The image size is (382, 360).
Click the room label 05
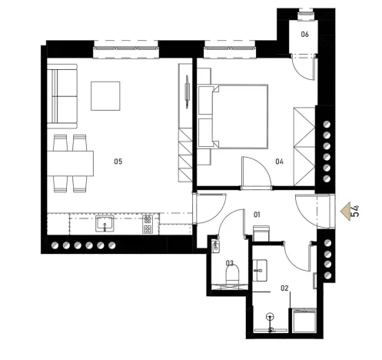118,161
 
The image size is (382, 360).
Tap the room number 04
280,162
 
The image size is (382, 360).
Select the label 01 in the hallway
257,215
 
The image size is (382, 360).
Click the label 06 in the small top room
305,35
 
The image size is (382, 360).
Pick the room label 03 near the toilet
229,263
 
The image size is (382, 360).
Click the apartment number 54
356,209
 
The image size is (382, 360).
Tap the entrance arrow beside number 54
344,209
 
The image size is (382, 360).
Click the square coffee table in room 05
105,95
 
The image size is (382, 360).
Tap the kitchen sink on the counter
105,225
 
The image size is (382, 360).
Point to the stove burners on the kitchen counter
148,225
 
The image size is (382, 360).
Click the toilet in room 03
234,273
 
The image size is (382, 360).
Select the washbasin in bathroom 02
261,268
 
